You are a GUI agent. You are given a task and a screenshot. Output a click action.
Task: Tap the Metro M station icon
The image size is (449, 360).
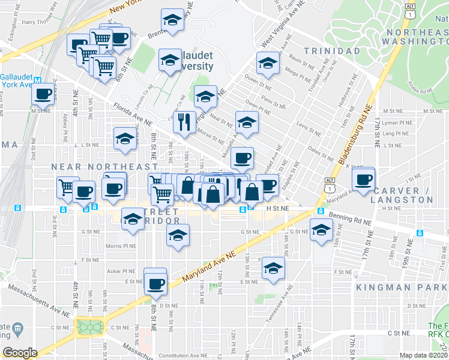(37, 80)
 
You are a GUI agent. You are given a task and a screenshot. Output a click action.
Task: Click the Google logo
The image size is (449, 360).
(20, 352)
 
